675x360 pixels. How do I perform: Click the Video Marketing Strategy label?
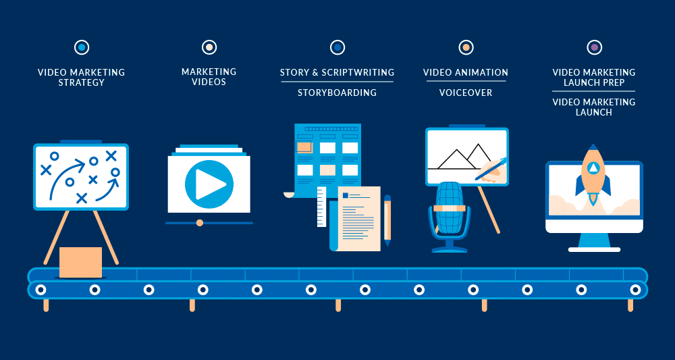point(81,78)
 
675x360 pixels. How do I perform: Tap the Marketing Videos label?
point(209,77)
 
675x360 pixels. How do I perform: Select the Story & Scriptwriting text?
point(337,72)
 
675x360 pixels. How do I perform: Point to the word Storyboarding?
point(337,93)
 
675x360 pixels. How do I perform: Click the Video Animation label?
point(466,72)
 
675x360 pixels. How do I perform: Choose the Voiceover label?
point(466,93)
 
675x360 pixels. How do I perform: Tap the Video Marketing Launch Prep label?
point(594,78)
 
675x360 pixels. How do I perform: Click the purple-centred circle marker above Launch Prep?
point(594,47)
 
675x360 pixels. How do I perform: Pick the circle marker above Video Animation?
point(466,47)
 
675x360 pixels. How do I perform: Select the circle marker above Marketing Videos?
point(209,47)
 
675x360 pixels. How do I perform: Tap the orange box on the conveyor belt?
point(80,262)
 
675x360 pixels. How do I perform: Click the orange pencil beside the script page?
point(387,220)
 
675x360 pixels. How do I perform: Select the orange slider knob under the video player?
point(199,222)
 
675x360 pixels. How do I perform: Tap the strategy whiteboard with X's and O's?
point(81,176)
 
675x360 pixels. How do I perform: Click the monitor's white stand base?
point(594,249)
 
